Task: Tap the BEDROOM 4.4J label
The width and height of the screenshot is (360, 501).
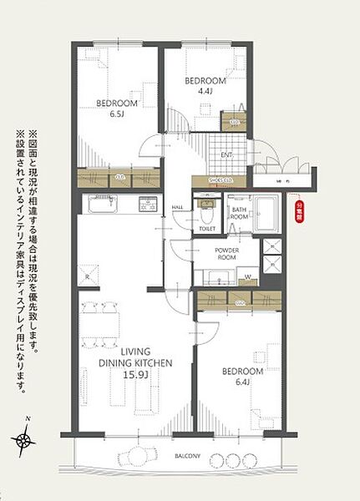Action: tap(200, 86)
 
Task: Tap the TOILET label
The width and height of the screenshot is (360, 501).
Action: tap(207, 227)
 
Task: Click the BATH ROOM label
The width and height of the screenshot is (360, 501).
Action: tap(240, 213)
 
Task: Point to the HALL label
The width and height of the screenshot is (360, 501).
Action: tap(177, 207)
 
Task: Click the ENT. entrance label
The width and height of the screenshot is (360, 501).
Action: tap(226, 156)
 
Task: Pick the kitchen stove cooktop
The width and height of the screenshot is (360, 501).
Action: tap(148, 203)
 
